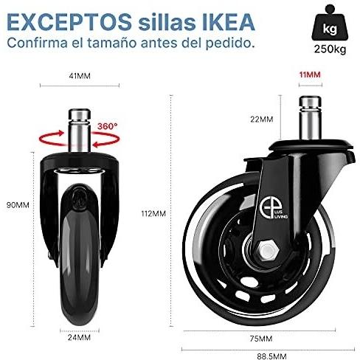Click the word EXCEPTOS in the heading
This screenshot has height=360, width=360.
coord(69,22)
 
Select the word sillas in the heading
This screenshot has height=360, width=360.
coord(167,22)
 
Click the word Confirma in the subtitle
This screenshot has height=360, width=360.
coord(38,43)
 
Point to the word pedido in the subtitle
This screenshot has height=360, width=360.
coord(227,43)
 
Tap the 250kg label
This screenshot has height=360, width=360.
coord(330,49)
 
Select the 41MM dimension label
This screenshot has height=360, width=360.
coord(80,76)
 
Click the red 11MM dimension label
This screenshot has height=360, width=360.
coord(310,75)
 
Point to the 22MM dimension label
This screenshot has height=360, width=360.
coord(262,120)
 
